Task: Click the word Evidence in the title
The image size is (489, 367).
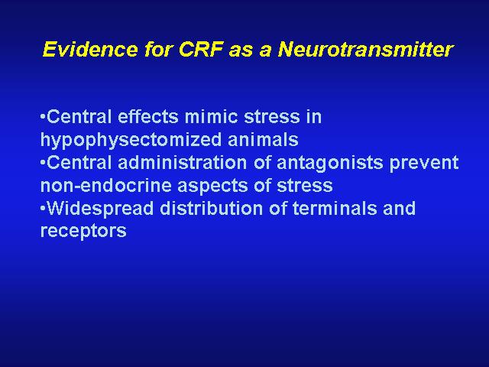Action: (x=90, y=49)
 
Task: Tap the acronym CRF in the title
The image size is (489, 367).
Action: (x=201, y=49)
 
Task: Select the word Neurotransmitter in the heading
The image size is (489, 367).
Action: (x=365, y=49)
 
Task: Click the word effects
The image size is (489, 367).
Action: (x=147, y=117)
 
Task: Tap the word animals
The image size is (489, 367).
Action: (x=263, y=139)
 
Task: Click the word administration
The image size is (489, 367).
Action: (x=183, y=163)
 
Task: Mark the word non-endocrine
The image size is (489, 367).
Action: (x=106, y=185)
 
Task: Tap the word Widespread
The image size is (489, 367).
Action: (x=100, y=209)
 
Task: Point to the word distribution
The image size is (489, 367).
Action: (x=212, y=208)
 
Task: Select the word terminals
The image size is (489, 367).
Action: (x=335, y=208)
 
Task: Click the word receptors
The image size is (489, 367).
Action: (x=83, y=232)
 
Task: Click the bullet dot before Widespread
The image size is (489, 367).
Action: (x=43, y=208)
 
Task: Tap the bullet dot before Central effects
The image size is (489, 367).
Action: (x=43, y=116)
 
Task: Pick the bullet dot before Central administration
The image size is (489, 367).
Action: (x=43, y=162)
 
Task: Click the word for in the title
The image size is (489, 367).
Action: (x=158, y=49)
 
